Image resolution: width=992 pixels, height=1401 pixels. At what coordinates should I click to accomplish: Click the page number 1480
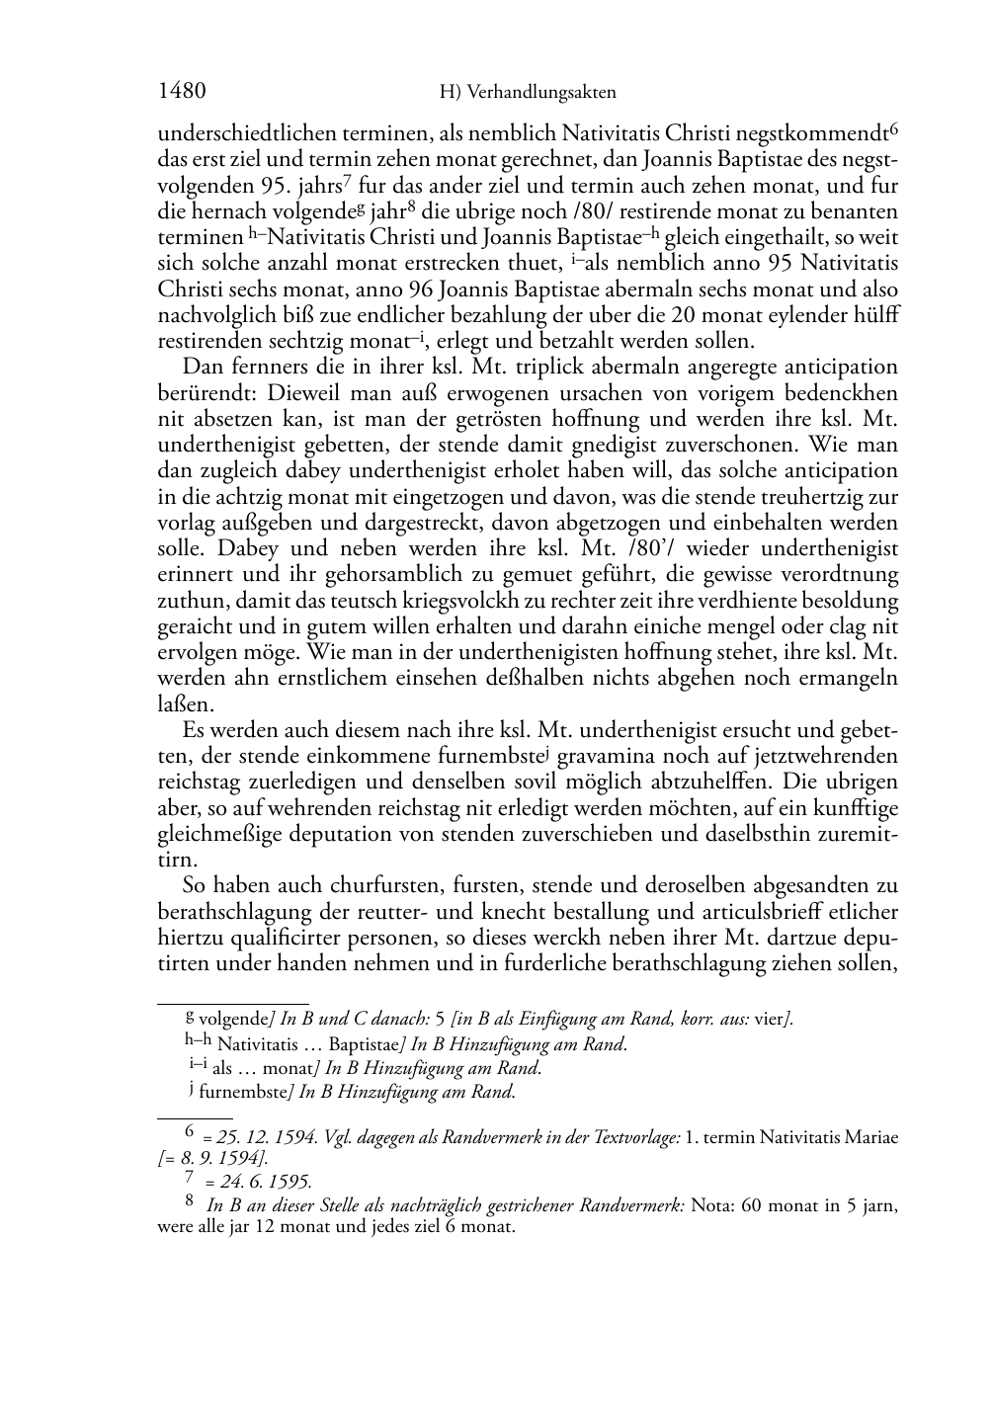pyautogui.click(x=181, y=92)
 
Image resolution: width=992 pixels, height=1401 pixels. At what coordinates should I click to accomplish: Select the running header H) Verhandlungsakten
pyautogui.click(x=528, y=93)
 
